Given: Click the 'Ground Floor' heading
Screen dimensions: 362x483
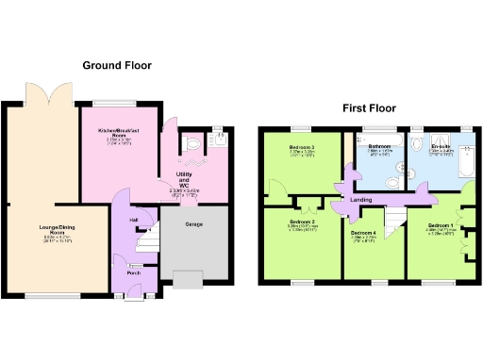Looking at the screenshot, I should point(117,66).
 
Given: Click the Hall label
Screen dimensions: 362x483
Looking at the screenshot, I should point(134,220).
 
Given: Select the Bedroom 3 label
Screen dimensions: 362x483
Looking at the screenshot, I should point(302,149).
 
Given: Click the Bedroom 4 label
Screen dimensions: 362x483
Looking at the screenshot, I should point(363,232).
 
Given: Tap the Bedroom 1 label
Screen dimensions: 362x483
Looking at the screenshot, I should point(440,227).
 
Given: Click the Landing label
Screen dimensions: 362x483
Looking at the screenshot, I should point(359,201).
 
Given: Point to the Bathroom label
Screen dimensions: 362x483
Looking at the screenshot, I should point(380,146).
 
